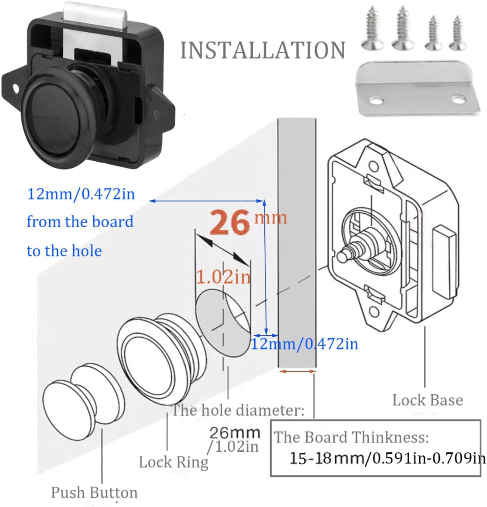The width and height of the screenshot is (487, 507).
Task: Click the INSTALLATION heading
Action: coord(262,51)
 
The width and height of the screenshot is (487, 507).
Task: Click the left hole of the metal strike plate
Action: coord(374,101)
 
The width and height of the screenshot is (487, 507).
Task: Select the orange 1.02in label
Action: coord(223,277)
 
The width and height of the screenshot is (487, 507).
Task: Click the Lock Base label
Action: coord(427,400)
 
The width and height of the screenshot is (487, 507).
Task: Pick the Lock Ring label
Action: coord(173,462)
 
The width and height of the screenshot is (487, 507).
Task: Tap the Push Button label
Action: coord(94,492)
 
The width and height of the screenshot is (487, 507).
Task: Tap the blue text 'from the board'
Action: coord(80,222)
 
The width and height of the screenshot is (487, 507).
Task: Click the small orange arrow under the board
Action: coord(297,371)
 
